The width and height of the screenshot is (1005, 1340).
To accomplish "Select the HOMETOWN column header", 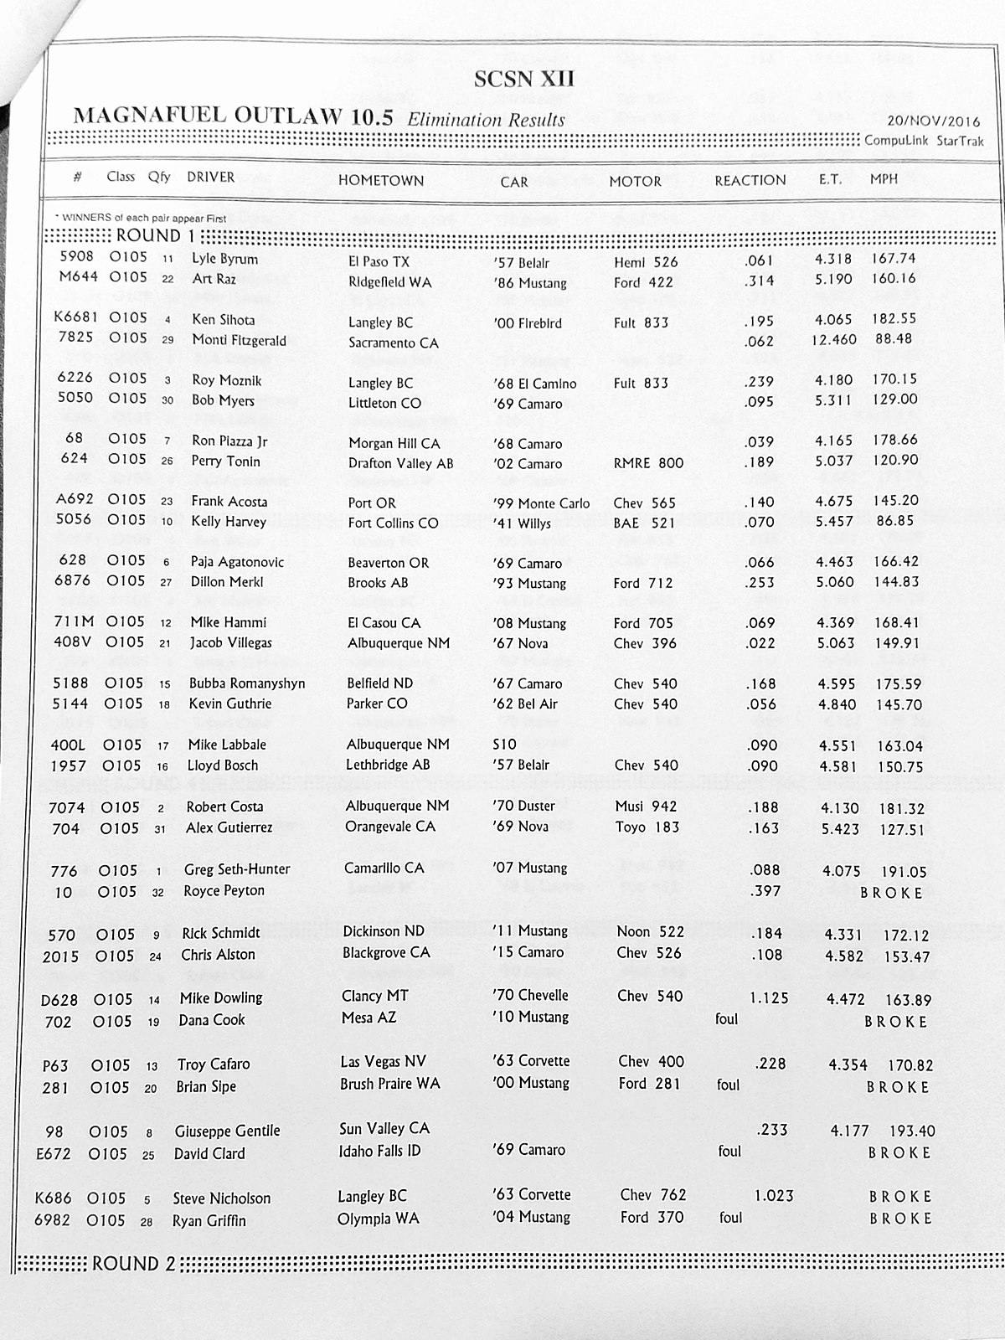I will pos(381,180).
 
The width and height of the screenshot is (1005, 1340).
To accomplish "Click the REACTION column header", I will pos(750,180).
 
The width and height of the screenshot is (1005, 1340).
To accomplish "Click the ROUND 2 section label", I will pos(133,1263).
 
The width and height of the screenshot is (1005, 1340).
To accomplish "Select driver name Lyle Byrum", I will pos(224,259).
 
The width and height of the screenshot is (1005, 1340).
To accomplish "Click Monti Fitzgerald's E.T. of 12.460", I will pos(833,339).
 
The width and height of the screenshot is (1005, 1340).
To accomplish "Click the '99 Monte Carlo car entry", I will pos(542,503).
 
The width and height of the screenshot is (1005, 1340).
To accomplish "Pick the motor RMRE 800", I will pos(648,462).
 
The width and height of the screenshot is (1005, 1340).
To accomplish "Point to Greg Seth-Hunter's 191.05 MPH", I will pos(904,872).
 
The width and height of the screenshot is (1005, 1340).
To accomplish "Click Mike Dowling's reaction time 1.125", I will pos(770,997).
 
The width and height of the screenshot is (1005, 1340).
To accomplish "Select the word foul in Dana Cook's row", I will pos(726,1019).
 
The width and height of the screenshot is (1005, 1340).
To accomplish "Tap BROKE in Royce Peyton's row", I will pos(891,893).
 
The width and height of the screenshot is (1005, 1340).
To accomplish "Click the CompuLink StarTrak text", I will pos(924,141).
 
